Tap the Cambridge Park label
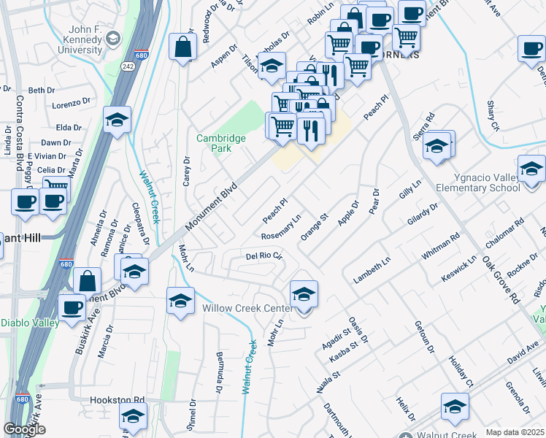tap(221, 142)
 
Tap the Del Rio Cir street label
tap(264, 256)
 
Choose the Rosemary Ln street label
tap(282, 227)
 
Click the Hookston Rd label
tap(118, 400)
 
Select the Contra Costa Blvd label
tap(20, 125)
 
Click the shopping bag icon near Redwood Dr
tap(182, 47)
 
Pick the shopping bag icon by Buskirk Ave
tap(87, 281)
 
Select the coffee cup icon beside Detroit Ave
tap(531, 48)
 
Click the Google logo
tap(25, 429)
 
